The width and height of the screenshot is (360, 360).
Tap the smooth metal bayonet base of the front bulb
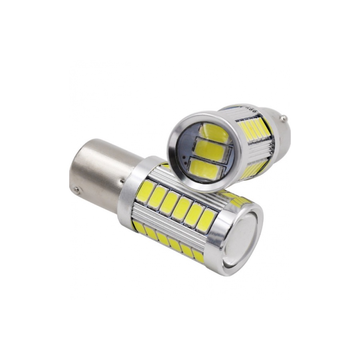tap(94, 168)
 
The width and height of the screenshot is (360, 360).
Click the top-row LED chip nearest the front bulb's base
tap(146, 190)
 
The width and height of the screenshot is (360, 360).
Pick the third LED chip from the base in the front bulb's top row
tap(170, 202)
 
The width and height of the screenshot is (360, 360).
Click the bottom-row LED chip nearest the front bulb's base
tap(139, 227)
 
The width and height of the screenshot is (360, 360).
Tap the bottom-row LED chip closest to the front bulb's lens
tap(198, 256)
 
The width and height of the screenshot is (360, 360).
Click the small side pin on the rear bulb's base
tap(283, 118)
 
